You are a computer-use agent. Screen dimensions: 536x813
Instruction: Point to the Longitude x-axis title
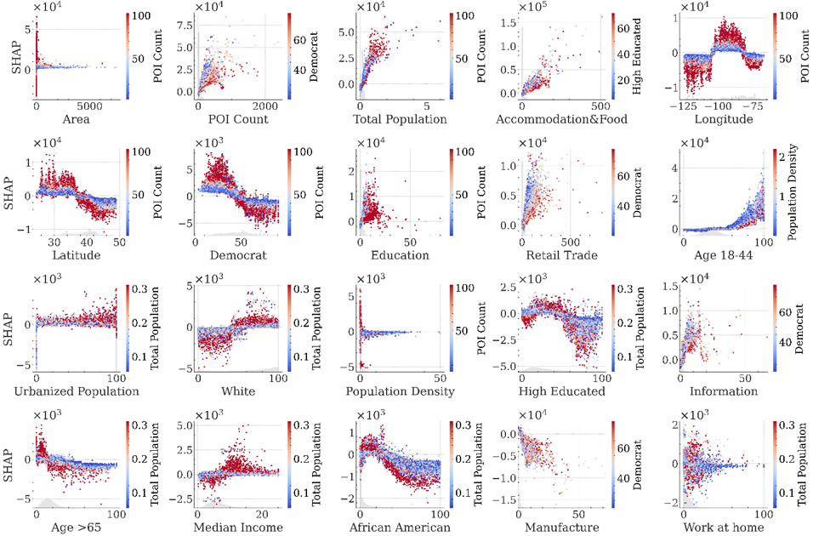723,120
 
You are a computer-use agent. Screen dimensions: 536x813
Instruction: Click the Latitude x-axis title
71,255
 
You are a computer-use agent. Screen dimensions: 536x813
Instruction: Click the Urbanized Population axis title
71,391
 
